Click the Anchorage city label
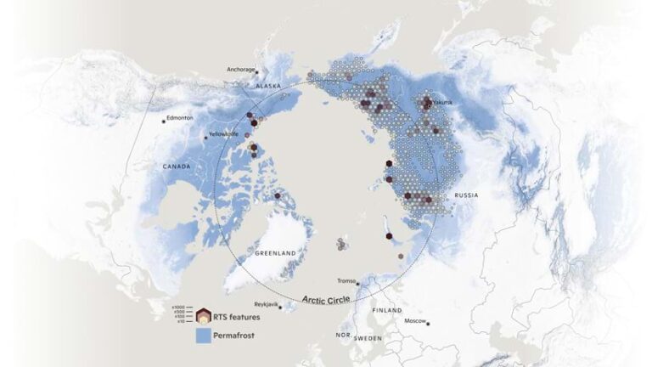pyautogui.click(x=241, y=69)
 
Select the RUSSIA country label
pyautogui.click(x=466, y=195)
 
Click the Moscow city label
pyautogui.click(x=415, y=320)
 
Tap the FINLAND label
pyautogui.click(x=386, y=311)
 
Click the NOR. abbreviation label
pyautogui.click(x=342, y=336)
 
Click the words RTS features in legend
pyautogui.click(x=239, y=317)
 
